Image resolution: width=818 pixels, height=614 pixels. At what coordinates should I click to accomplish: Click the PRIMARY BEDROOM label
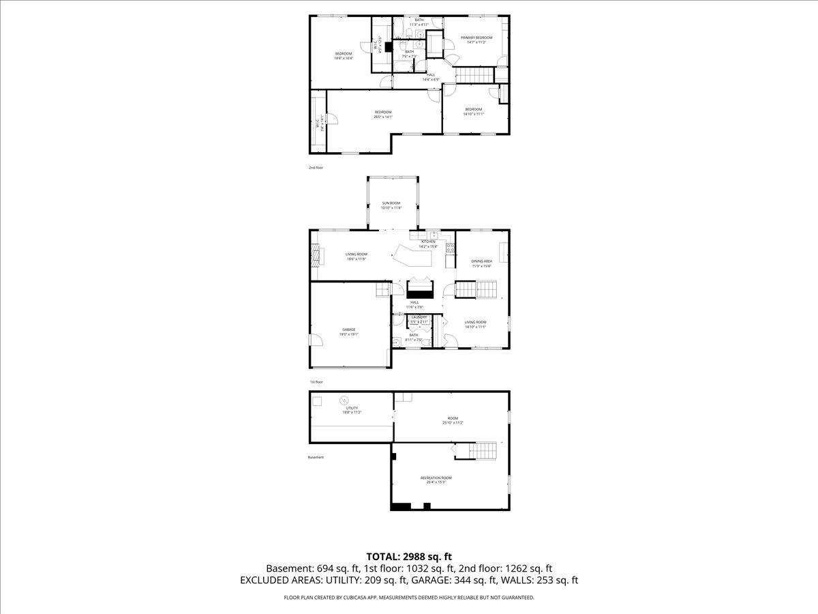476,38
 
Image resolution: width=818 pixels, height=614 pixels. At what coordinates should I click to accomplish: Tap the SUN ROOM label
391,203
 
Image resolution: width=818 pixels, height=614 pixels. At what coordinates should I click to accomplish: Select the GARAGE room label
348,330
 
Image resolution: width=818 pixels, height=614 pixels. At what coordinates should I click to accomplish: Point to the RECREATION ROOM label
436,478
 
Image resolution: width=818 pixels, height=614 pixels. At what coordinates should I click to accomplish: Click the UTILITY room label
352,408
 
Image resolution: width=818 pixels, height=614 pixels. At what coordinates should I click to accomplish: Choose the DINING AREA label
482,261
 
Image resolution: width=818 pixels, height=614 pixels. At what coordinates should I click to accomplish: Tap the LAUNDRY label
419,317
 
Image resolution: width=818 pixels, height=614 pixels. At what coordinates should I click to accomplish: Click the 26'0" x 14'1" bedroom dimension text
382,117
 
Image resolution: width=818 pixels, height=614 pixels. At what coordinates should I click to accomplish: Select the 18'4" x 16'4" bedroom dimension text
343,58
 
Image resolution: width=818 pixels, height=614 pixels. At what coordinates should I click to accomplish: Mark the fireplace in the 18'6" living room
314,254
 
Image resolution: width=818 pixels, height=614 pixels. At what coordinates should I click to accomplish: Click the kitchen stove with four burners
450,247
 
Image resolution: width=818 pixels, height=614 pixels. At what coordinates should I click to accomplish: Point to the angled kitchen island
413,257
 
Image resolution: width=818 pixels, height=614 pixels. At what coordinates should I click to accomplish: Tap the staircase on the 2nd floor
473,76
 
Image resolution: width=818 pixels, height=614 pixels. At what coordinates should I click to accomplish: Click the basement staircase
485,450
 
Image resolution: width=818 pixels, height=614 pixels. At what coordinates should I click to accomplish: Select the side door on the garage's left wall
311,339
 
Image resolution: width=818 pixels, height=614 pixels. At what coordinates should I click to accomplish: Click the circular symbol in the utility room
344,400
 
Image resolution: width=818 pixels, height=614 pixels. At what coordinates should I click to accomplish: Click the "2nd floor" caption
316,166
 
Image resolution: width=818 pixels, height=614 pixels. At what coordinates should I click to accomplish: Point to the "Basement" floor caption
316,457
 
